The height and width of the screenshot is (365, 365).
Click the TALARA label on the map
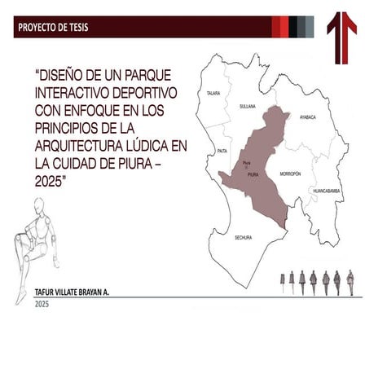click(213, 93)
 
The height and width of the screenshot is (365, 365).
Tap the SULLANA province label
click(248, 106)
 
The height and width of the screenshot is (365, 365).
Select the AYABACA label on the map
click(307, 117)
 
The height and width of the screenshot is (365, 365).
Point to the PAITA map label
click(222, 151)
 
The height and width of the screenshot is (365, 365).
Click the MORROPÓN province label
click(290, 174)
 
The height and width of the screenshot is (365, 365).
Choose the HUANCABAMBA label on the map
click(327, 191)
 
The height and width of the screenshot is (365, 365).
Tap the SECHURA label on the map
click(243, 237)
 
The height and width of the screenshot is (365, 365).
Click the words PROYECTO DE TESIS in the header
click(54, 28)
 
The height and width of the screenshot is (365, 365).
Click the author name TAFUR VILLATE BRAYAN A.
click(72, 291)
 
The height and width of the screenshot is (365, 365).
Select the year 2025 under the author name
click(42, 304)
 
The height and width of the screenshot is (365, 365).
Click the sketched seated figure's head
click(38, 206)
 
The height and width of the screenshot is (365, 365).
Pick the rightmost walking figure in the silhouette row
click(350, 282)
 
